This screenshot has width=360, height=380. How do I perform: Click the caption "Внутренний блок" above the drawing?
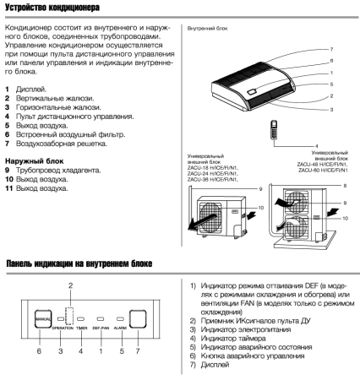[x=202, y=29]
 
